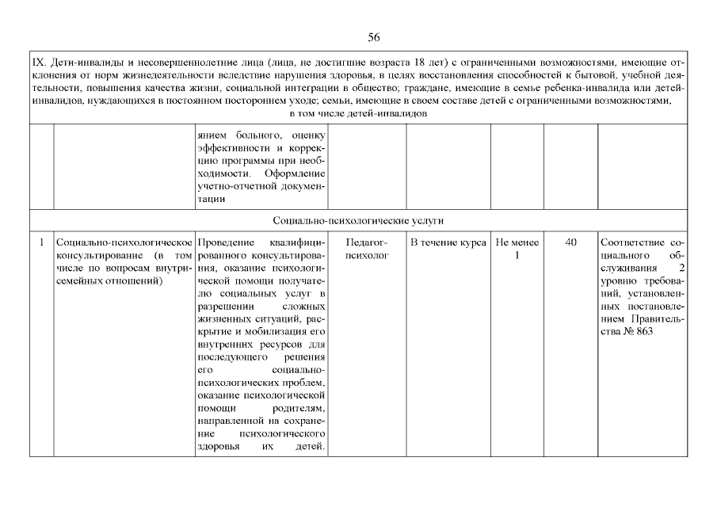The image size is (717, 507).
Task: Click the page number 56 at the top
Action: click(x=375, y=37)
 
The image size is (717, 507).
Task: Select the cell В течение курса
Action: click(x=448, y=242)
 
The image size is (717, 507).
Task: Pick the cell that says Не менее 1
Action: click(x=517, y=249)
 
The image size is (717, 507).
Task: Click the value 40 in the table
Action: click(x=570, y=242)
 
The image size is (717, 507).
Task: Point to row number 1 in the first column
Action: click(x=41, y=242)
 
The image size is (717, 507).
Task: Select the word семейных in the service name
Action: click(x=78, y=281)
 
